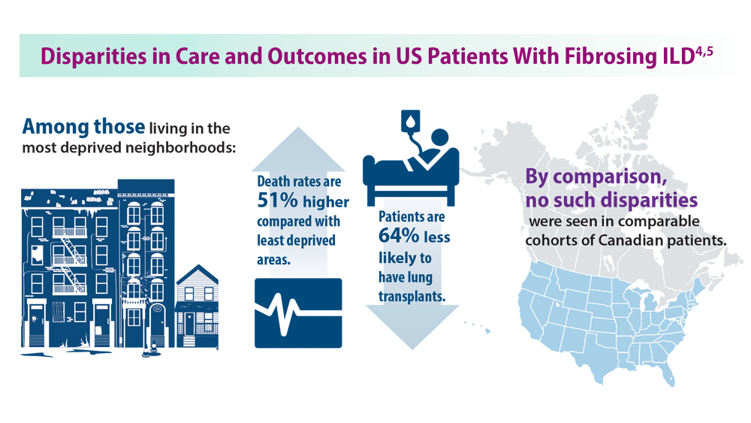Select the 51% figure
pos(279,201)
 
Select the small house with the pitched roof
pos(197,304)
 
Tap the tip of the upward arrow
pos(298,130)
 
